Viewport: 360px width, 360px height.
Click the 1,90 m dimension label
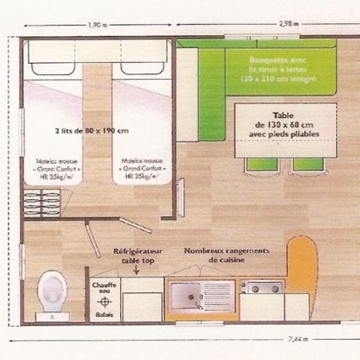click(x=95, y=24)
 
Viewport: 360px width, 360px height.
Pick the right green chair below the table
click(x=307, y=165)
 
